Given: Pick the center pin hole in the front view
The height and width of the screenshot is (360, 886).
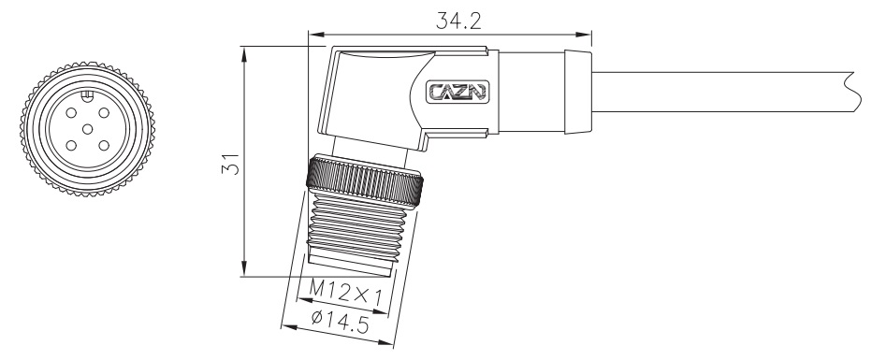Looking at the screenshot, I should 86,128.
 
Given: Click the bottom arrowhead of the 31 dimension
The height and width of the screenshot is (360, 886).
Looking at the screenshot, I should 244,270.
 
